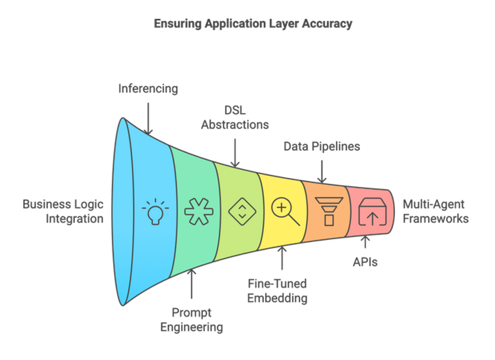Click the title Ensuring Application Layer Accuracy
pyautogui.click(x=253, y=24)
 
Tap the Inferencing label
pyautogui.click(x=148, y=88)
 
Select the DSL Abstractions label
pyautogui.click(x=235, y=118)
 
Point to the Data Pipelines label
pyautogui.click(x=322, y=146)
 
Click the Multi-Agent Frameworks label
pyautogui.click(x=436, y=212)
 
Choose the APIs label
pyautogui.click(x=365, y=262)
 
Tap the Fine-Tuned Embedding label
pyautogui.click(x=277, y=291)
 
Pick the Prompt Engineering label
pyautogui.click(x=191, y=320)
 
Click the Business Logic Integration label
pyautogui.click(x=63, y=212)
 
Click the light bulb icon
pyautogui.click(x=155, y=212)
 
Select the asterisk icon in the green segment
pyautogui.click(x=199, y=212)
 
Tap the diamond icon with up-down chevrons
pyautogui.click(x=242, y=212)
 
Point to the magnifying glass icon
pyautogui.click(x=285, y=212)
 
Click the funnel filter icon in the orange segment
pyautogui.click(x=329, y=212)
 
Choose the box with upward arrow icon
pyautogui.click(x=372, y=212)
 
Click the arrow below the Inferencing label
pyautogui.click(x=148, y=119)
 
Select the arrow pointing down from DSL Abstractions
pyautogui.click(x=235, y=153)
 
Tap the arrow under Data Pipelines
pyautogui.click(x=322, y=171)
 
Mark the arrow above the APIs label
pyautogui.click(x=365, y=242)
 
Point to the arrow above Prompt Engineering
pyautogui.click(x=191, y=284)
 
